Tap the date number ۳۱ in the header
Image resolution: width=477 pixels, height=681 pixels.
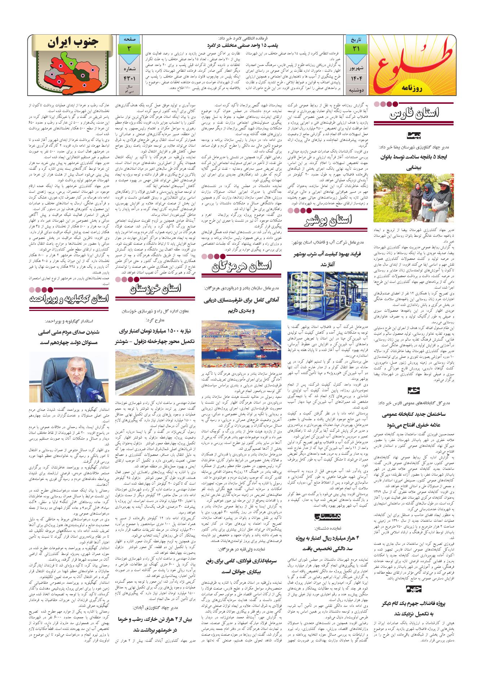pyautogui.click(x=355, y=48)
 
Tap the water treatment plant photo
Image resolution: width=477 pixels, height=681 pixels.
pyautogui.click(x=328, y=295)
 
